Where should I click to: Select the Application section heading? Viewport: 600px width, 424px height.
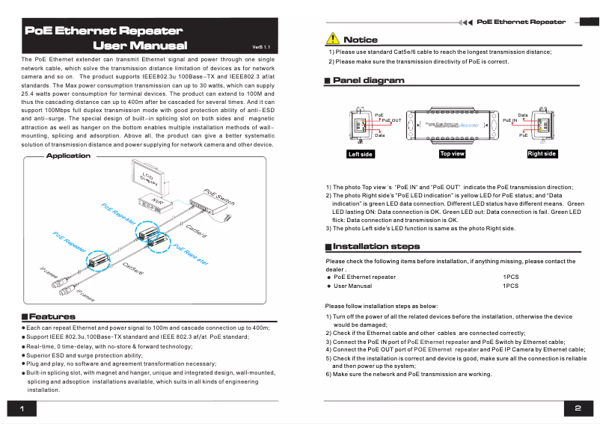click(68, 156)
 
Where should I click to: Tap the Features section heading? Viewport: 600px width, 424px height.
click(52, 317)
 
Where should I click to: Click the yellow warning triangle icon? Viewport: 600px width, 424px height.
click(332, 39)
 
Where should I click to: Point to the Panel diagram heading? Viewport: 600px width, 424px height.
click(368, 80)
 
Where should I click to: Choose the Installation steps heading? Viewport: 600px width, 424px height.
click(376, 246)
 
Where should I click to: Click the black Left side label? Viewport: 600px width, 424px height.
click(361, 154)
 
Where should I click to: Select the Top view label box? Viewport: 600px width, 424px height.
click(452, 153)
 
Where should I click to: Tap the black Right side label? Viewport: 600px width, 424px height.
click(542, 153)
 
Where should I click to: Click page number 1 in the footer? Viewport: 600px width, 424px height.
click(22, 408)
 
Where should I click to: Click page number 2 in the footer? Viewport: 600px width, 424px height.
click(578, 408)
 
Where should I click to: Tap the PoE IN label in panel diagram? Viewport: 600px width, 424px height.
click(510, 120)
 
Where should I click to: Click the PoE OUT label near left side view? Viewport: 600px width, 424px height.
click(391, 120)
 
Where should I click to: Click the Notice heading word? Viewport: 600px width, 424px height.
click(360, 40)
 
